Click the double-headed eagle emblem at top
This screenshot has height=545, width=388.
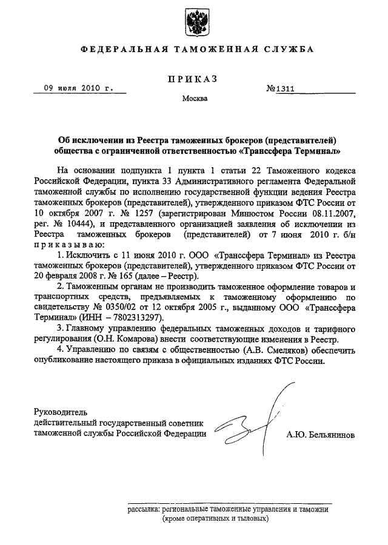[194, 22]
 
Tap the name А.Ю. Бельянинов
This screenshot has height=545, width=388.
[321, 434]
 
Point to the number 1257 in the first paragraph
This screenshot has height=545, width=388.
[140, 214]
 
